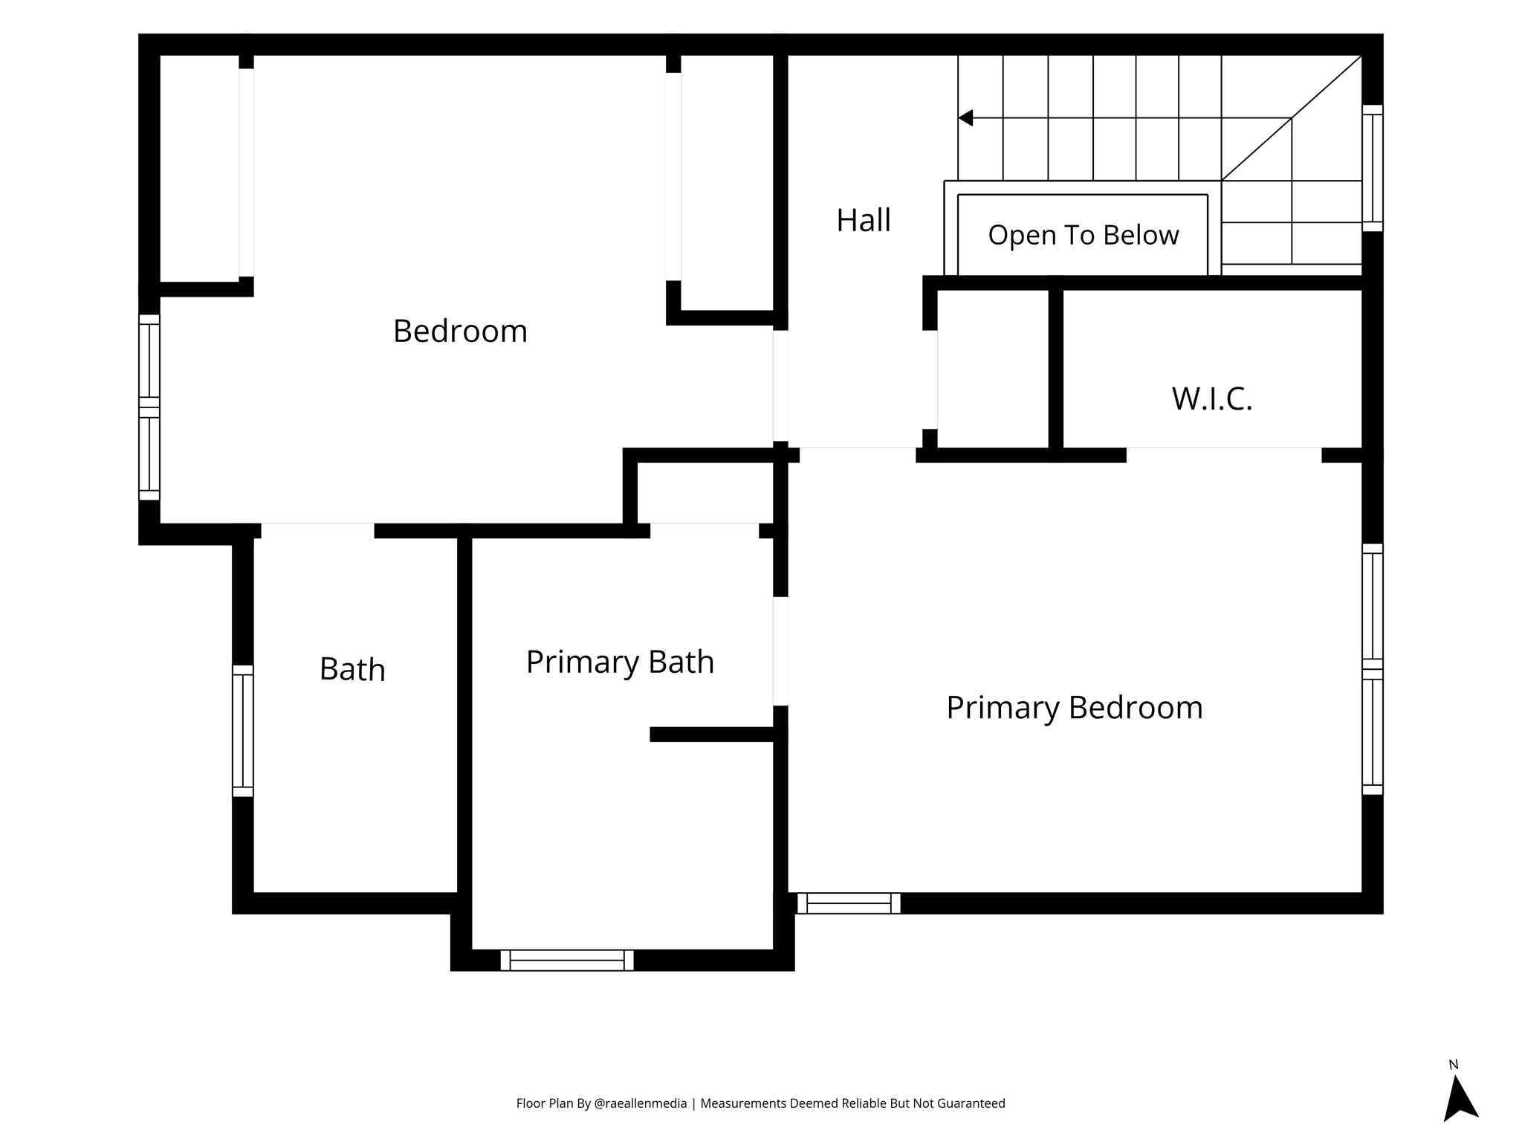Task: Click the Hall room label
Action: pos(863,220)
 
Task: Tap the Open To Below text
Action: pos(1083,235)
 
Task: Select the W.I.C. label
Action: pos(1212,399)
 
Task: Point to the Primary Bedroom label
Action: pos(1074,707)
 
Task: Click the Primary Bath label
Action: pos(620,662)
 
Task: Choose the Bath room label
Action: pos(352,669)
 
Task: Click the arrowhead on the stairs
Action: pos(965,118)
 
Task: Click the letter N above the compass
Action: pos(1454,1065)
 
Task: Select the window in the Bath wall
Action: pos(243,731)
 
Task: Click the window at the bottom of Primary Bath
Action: pos(567,960)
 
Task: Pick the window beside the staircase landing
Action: pos(1373,168)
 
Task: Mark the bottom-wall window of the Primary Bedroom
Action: pos(849,903)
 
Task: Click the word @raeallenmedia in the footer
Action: pos(641,1103)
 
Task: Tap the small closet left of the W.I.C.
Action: pos(993,369)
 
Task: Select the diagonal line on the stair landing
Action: pos(1292,118)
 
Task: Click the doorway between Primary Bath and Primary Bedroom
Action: pos(780,651)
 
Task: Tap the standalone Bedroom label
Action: pos(460,331)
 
